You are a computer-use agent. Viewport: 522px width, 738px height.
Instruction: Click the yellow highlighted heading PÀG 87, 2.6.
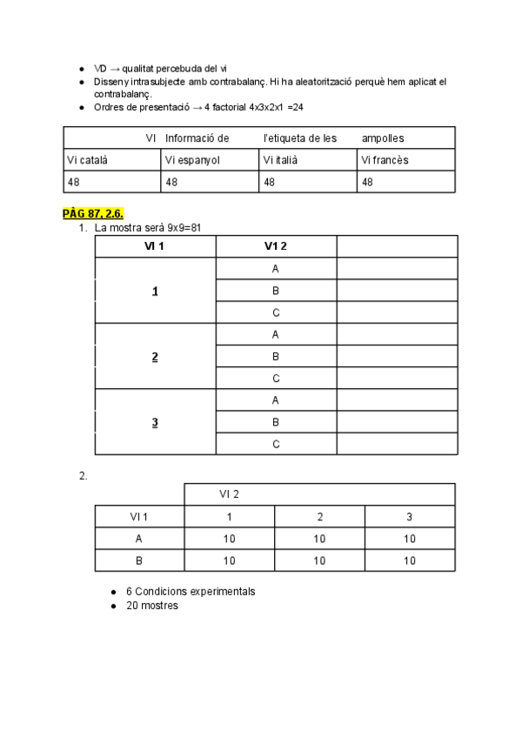coord(99,213)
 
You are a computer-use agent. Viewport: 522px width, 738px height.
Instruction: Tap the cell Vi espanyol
coord(192,160)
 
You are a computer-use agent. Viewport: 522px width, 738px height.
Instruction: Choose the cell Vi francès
coord(385,160)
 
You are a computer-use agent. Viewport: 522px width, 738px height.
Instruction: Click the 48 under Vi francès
coord(367,182)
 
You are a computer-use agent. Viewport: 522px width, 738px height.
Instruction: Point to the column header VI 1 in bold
coord(155,246)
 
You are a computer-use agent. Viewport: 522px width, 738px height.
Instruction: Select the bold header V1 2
coord(276,246)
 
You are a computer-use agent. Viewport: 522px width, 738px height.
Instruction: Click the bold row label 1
coord(155,292)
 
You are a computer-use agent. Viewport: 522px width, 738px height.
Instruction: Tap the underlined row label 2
coord(155,357)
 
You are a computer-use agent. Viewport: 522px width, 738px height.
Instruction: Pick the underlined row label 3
coord(155,423)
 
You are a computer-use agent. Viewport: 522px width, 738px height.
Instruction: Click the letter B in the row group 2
coord(276,357)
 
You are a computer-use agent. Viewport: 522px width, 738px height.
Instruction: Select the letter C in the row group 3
coord(276,445)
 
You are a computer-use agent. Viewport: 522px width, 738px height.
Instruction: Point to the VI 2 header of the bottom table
coord(229,494)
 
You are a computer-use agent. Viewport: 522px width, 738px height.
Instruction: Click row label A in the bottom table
coord(139,539)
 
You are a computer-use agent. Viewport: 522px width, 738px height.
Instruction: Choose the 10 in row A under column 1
coord(229,539)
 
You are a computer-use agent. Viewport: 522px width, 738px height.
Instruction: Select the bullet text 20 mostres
coord(152,606)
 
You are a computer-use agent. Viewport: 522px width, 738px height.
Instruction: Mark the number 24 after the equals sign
coord(297,107)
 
